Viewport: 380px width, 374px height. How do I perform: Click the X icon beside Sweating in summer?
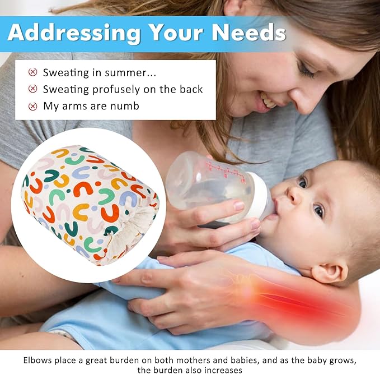coord(33,72)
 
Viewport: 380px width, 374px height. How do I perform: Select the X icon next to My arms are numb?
coord(33,106)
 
